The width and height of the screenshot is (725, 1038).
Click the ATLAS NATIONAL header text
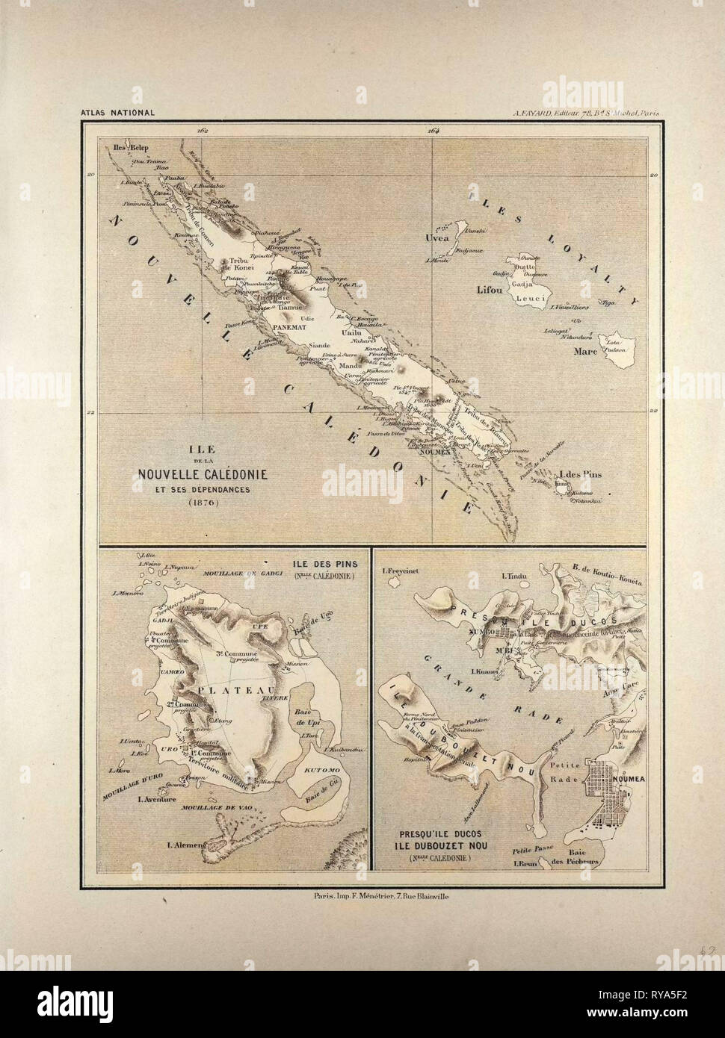[117, 114]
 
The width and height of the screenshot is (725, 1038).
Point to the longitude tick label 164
[434, 130]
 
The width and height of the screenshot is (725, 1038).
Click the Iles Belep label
[128, 147]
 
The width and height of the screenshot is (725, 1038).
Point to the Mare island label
[585, 351]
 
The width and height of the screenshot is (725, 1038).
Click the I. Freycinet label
[399, 574]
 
